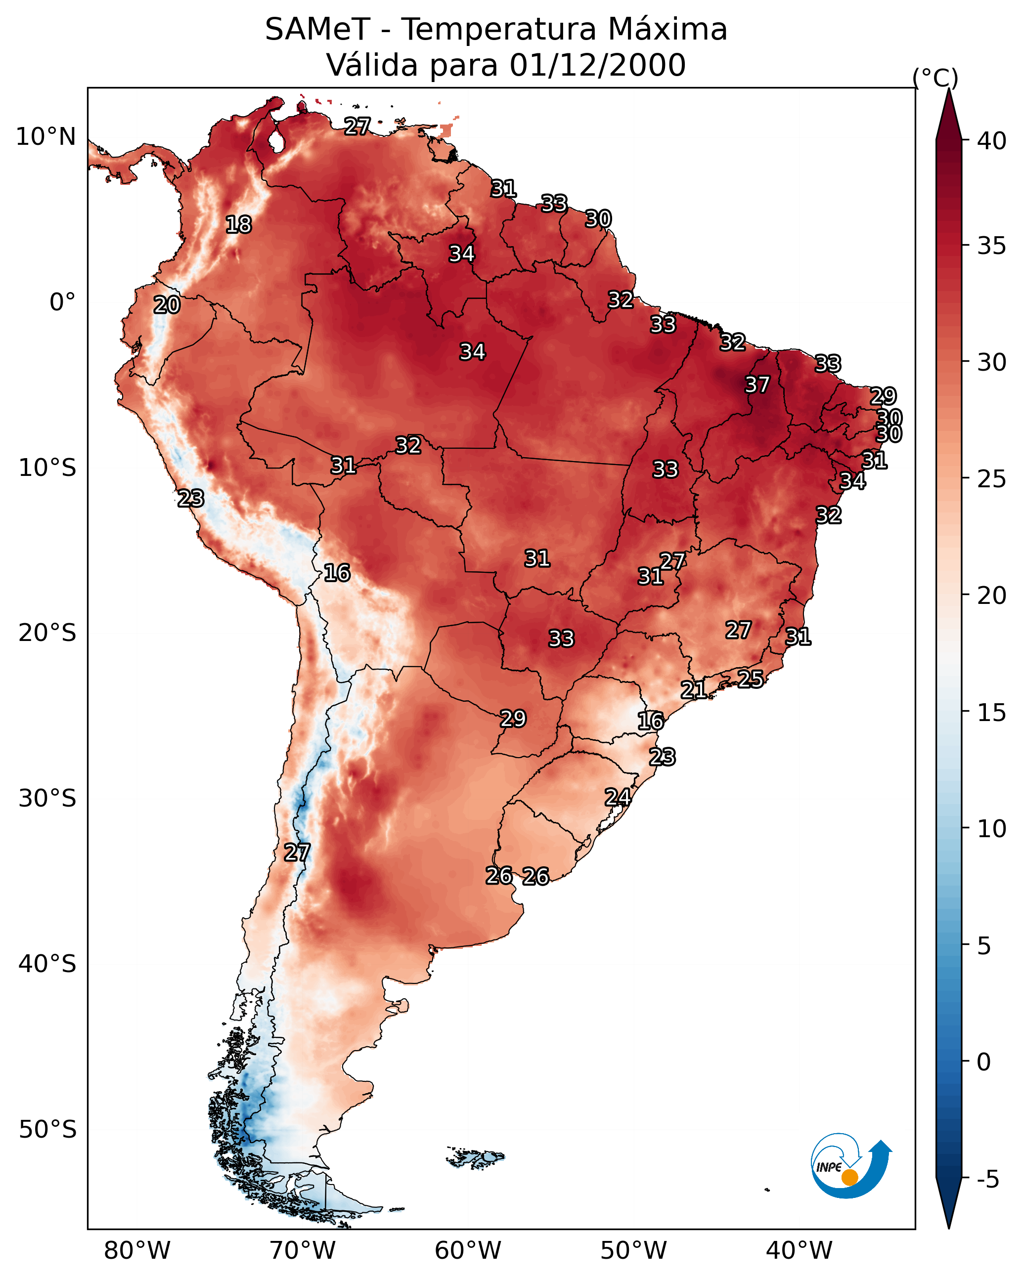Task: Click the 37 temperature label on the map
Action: pos(757,384)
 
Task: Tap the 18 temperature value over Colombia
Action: pos(238,225)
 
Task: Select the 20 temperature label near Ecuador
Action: pos(167,305)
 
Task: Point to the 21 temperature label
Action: pos(693,689)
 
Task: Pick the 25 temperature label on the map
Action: pos(751,679)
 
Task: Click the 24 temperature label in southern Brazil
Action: pos(618,797)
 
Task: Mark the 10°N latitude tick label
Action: pos(45,137)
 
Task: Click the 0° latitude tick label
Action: pos(62,302)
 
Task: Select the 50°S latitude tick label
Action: pos(47,1130)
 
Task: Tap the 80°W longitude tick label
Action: pos(137,1251)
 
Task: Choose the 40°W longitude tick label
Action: pos(799,1251)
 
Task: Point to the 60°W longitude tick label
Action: pos(468,1251)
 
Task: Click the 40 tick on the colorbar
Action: pos(992,141)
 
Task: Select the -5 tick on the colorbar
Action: pos(987,1180)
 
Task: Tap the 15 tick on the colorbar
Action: pos(992,713)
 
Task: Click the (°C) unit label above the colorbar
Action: pos(935,78)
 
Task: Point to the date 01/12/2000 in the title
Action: pos(597,65)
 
